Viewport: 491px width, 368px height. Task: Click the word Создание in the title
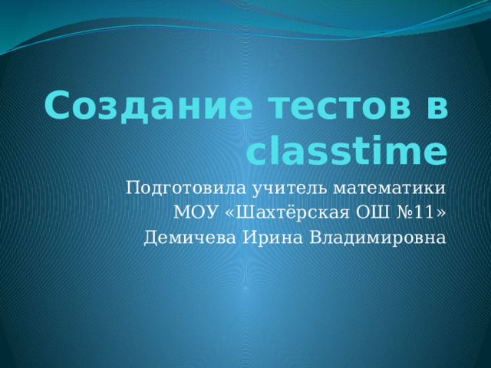[148, 106]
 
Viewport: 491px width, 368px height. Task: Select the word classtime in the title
[347, 151]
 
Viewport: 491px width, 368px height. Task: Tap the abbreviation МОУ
[196, 212]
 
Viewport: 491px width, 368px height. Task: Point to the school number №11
[414, 212]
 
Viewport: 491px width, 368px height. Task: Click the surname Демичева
[189, 238]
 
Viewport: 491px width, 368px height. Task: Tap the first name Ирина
[273, 238]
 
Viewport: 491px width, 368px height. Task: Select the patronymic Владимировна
[378, 238]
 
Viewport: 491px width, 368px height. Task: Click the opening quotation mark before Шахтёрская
[230, 213]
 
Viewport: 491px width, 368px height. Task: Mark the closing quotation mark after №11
[440, 213]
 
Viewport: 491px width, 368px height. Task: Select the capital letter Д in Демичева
[151, 238]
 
